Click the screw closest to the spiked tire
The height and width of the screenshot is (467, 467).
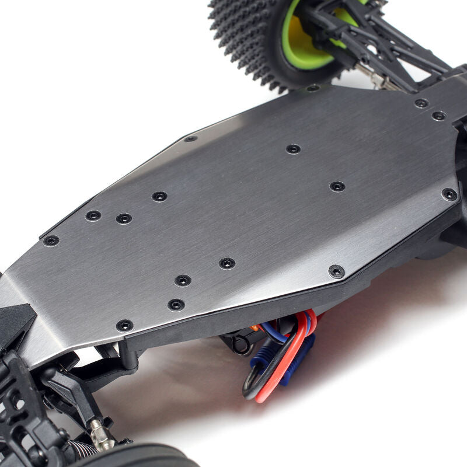[313, 88]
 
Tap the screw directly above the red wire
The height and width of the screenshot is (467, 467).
[336, 271]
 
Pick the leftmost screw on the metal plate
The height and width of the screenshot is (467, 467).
[51, 241]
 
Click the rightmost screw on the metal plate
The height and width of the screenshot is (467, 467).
[449, 194]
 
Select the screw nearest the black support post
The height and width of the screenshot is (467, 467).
[124, 326]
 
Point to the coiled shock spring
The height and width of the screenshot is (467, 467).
[82, 449]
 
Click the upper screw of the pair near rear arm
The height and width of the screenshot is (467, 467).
[421, 103]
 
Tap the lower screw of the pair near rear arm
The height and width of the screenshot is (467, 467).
[438, 116]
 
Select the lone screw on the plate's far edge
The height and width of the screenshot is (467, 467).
[190, 139]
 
